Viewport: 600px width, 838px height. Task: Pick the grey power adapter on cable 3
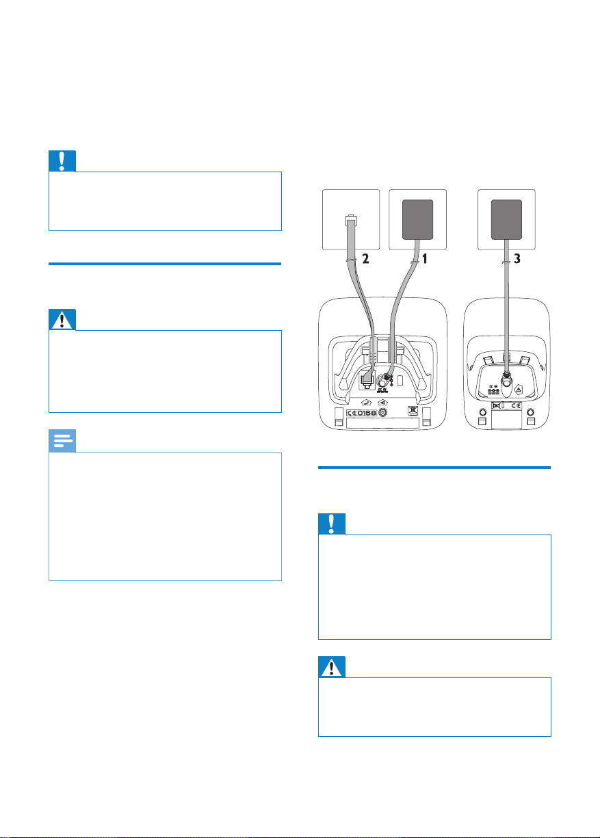pos(506,219)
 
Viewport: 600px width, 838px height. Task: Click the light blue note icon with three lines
pos(62,441)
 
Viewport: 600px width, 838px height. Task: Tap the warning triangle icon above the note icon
pos(62,319)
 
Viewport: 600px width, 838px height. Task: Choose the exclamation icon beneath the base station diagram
pos(332,524)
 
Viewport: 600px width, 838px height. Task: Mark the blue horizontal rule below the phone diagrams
pos(435,468)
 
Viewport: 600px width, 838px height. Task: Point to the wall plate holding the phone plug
pos(350,219)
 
